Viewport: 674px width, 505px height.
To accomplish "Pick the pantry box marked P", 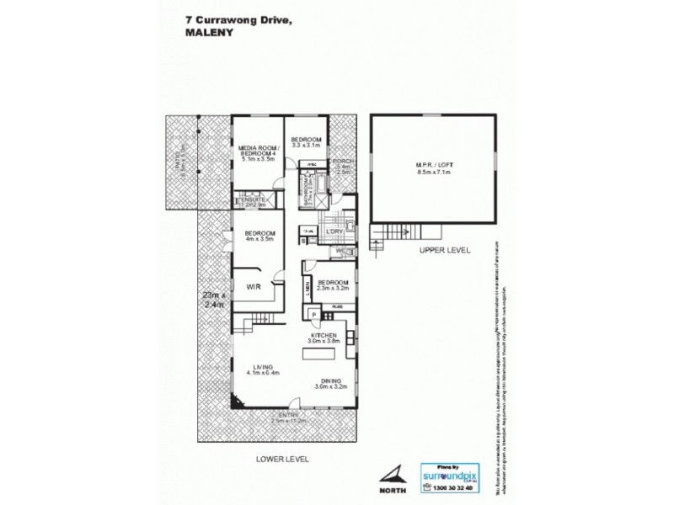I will click(x=313, y=315).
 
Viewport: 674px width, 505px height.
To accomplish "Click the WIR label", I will click(x=253, y=287).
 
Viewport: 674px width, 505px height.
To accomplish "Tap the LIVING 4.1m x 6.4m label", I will click(x=262, y=370).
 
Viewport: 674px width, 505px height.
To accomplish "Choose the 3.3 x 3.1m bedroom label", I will click(x=306, y=142).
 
